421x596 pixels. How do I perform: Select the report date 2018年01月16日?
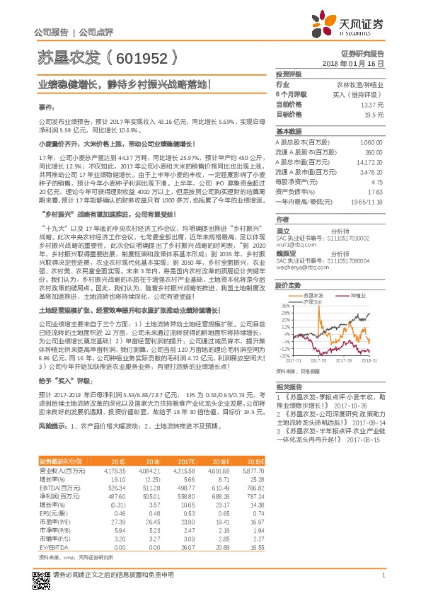(x=358, y=64)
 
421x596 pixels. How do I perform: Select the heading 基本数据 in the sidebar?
(x=288, y=132)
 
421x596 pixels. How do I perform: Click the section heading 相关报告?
(x=288, y=386)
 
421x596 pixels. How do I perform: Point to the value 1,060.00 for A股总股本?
(x=371, y=142)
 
